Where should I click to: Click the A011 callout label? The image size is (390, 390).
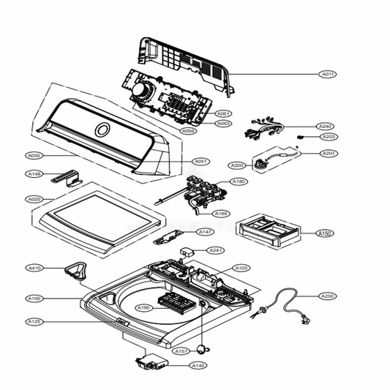[x=328, y=75]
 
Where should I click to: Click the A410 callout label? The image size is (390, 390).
[x=34, y=268]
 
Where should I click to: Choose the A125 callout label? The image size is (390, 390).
[x=34, y=321]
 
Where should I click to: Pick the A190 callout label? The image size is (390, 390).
[x=143, y=308]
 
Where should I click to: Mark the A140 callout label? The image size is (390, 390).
[x=198, y=364]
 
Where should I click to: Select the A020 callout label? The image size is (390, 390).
[x=34, y=199]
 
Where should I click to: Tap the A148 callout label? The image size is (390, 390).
[x=34, y=174]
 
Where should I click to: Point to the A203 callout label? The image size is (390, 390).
[x=328, y=137]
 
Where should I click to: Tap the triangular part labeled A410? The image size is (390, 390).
[x=75, y=270]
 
